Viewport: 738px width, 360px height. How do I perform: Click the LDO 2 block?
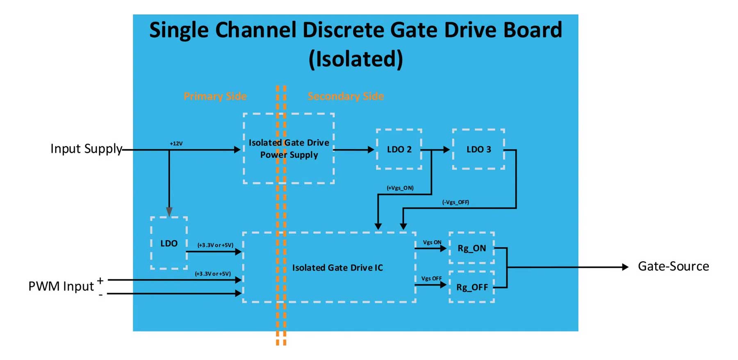(x=399, y=149)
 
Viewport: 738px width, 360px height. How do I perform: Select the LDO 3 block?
(x=478, y=149)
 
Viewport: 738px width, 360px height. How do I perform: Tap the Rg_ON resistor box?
(x=471, y=248)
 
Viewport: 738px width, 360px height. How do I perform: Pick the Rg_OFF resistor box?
(x=471, y=287)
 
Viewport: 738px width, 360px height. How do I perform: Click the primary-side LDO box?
(x=169, y=243)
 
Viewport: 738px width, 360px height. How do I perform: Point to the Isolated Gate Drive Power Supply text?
(x=289, y=148)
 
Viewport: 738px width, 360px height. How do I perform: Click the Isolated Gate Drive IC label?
(x=337, y=268)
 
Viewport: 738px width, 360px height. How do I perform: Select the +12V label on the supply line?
(x=176, y=144)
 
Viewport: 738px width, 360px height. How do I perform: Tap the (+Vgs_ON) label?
(x=400, y=188)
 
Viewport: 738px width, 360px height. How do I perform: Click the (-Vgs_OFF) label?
(x=456, y=202)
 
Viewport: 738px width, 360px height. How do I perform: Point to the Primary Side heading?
(x=215, y=96)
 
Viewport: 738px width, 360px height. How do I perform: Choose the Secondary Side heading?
(x=346, y=96)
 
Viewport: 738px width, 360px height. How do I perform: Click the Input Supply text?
(x=86, y=148)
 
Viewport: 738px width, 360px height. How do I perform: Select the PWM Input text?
(x=61, y=286)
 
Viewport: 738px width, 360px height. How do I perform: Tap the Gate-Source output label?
(x=673, y=267)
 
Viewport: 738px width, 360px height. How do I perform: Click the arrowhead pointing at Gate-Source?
(x=625, y=267)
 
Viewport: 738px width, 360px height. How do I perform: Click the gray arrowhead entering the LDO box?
(x=169, y=212)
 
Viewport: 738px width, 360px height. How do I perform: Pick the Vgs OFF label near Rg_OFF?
(x=431, y=278)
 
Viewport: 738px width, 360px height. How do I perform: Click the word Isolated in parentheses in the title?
(x=355, y=59)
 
